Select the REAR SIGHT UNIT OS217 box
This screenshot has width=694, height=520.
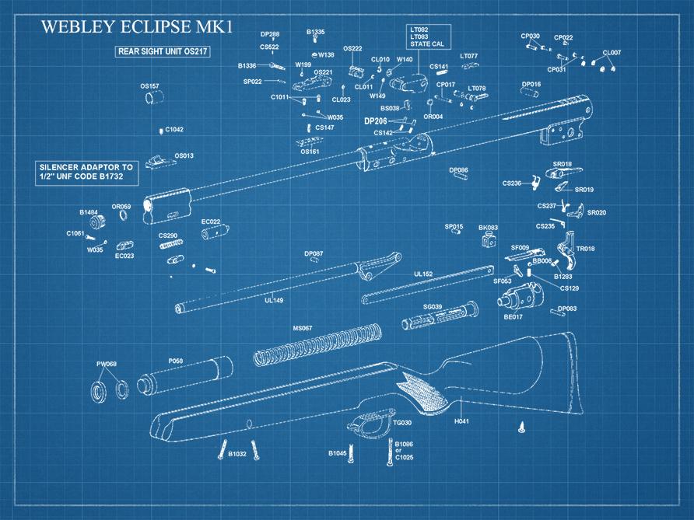pyautogui.click(x=164, y=51)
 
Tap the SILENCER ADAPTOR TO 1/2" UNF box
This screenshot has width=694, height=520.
pyautogui.click(x=86, y=173)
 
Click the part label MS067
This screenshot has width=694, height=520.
pyautogui.click(x=302, y=328)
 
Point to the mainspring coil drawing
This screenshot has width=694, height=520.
pyautogui.click(x=319, y=346)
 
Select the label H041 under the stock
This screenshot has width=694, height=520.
pyautogui.click(x=461, y=421)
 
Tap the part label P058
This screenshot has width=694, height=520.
pyautogui.click(x=176, y=361)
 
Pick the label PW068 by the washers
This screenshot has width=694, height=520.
pyautogui.click(x=106, y=364)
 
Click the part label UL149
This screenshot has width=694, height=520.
pyautogui.click(x=274, y=299)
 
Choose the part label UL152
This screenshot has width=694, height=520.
pyautogui.click(x=423, y=274)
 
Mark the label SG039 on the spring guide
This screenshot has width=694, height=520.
pyautogui.click(x=433, y=307)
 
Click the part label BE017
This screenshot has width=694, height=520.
pyautogui.click(x=513, y=316)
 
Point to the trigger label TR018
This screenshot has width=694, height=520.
pyautogui.click(x=585, y=249)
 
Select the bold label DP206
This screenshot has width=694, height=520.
pyautogui.click(x=376, y=121)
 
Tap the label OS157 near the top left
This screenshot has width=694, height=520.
pyautogui.click(x=149, y=86)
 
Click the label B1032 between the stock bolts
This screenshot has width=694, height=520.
pyautogui.click(x=237, y=453)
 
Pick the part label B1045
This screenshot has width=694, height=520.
pyautogui.click(x=337, y=452)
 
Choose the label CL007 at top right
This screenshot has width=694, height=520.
pyautogui.click(x=612, y=52)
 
